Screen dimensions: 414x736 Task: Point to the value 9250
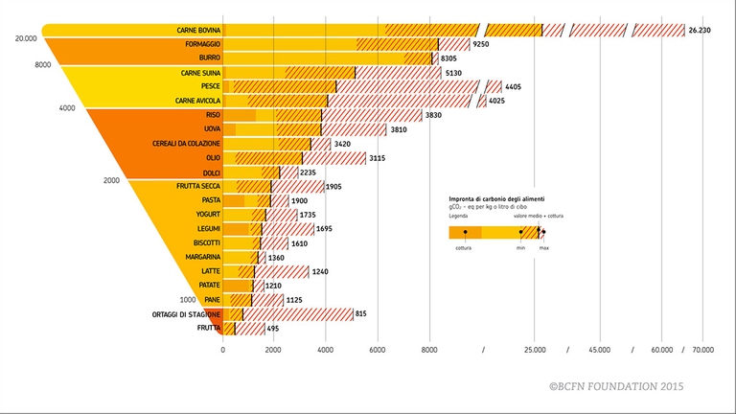click(x=482, y=45)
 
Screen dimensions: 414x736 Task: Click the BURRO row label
click(x=210, y=58)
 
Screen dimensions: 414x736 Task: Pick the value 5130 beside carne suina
click(x=455, y=73)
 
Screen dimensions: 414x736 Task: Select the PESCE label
click(x=210, y=86)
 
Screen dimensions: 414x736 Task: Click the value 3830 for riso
click(x=435, y=115)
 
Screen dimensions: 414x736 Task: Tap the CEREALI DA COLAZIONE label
click(x=187, y=143)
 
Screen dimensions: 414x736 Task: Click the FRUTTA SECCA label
click(x=198, y=186)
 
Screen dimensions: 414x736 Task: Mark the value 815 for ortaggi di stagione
click(x=360, y=314)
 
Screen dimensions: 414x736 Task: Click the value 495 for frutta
click(x=273, y=329)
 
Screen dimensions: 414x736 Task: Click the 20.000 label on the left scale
click(x=27, y=38)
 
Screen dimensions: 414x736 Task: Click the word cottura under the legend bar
click(x=464, y=248)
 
